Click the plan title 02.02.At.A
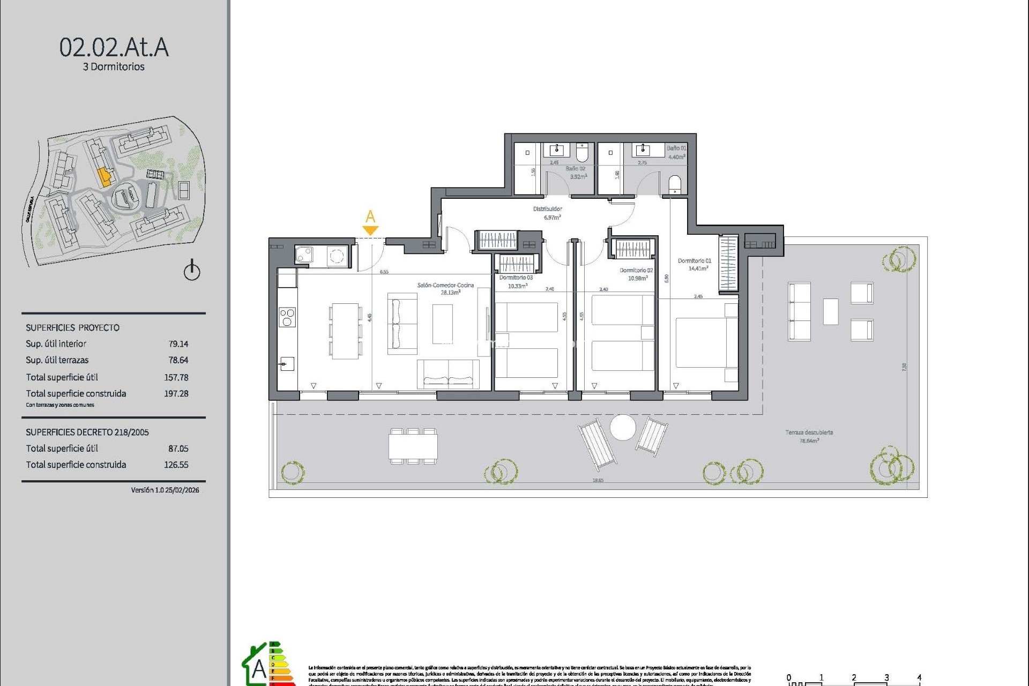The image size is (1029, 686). (x=114, y=48)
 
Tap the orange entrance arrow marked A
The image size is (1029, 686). (x=370, y=230)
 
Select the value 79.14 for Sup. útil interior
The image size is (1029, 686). (x=178, y=344)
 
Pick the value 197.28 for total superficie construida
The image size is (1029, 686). (x=176, y=393)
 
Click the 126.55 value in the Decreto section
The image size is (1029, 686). (x=176, y=465)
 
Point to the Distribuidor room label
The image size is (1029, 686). (x=548, y=209)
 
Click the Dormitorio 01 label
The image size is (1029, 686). (x=694, y=261)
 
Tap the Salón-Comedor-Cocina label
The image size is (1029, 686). (x=445, y=285)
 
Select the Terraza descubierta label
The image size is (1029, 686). (x=809, y=433)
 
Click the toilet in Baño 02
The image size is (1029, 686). (x=582, y=152)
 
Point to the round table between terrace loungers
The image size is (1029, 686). (x=623, y=428)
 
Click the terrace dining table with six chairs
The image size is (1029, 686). (x=413, y=446)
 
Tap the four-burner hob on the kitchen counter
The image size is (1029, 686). (x=287, y=317)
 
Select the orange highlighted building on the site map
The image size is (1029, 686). (x=105, y=176)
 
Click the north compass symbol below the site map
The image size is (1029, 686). (x=192, y=271)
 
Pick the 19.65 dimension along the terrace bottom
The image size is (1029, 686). (x=598, y=480)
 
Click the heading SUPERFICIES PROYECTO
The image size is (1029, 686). (x=73, y=328)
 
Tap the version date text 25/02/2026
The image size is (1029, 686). (x=182, y=490)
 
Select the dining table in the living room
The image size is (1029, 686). (x=345, y=331)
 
